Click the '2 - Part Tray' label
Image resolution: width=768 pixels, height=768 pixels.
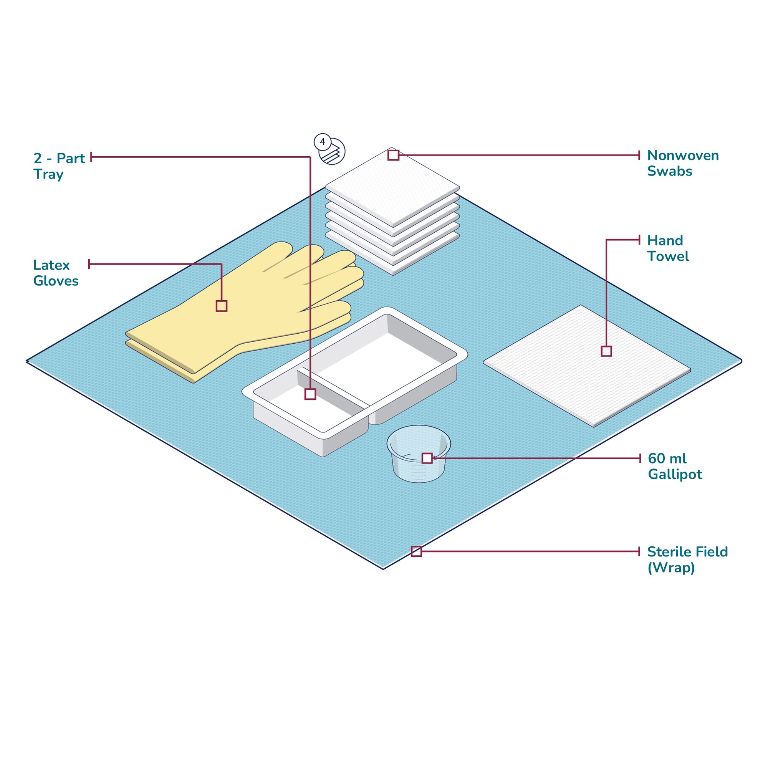pyautogui.click(x=59, y=166)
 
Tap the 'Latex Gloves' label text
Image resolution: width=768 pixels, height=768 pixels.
pyautogui.click(x=56, y=273)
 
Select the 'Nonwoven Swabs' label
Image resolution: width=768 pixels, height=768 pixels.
pyautogui.click(x=682, y=163)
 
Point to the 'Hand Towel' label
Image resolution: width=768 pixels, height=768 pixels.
pyautogui.click(x=668, y=248)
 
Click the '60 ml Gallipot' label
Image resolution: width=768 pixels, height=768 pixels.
pyautogui.click(x=675, y=466)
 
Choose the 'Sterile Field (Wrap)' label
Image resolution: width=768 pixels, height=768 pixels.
pyautogui.click(x=687, y=560)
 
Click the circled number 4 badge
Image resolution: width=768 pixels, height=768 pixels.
pyautogui.click(x=323, y=142)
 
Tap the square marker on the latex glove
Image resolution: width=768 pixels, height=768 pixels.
pyautogui.click(x=222, y=306)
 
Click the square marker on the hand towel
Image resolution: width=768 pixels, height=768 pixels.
pyautogui.click(x=606, y=351)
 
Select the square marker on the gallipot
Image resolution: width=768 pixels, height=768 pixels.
pyautogui.click(x=427, y=458)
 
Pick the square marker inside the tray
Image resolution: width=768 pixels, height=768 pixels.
pyautogui.click(x=310, y=394)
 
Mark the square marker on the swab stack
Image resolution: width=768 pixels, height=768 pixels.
pyautogui.click(x=393, y=155)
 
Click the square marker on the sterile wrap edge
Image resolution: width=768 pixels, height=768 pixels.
pyautogui.click(x=416, y=551)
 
